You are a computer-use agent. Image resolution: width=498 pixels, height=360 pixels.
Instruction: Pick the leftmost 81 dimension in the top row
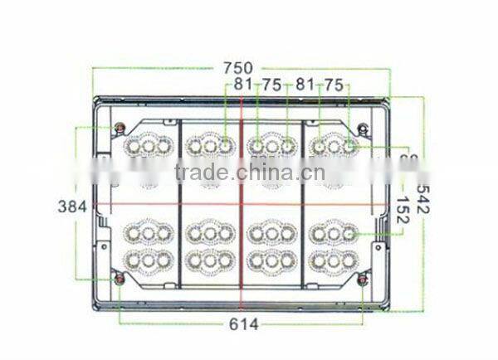pyautogui.click(x=243, y=84)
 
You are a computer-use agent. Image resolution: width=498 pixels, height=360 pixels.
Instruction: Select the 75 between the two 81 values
pyautogui.click(x=273, y=84)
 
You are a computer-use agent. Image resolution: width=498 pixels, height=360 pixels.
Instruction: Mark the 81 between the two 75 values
pyautogui.click(x=305, y=84)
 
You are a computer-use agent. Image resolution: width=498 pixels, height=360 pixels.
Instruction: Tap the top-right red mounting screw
pyautogui.click(x=364, y=129)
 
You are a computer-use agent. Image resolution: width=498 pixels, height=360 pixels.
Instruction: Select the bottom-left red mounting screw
pyautogui.click(x=120, y=278)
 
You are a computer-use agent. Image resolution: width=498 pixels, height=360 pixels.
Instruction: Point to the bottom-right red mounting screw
pyautogui.click(x=364, y=280)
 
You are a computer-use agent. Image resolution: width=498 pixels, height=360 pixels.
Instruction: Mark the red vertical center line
pyautogui.click(x=242, y=249)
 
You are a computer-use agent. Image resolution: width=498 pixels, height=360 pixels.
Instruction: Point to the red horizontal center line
pyautogui.click(x=166, y=205)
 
